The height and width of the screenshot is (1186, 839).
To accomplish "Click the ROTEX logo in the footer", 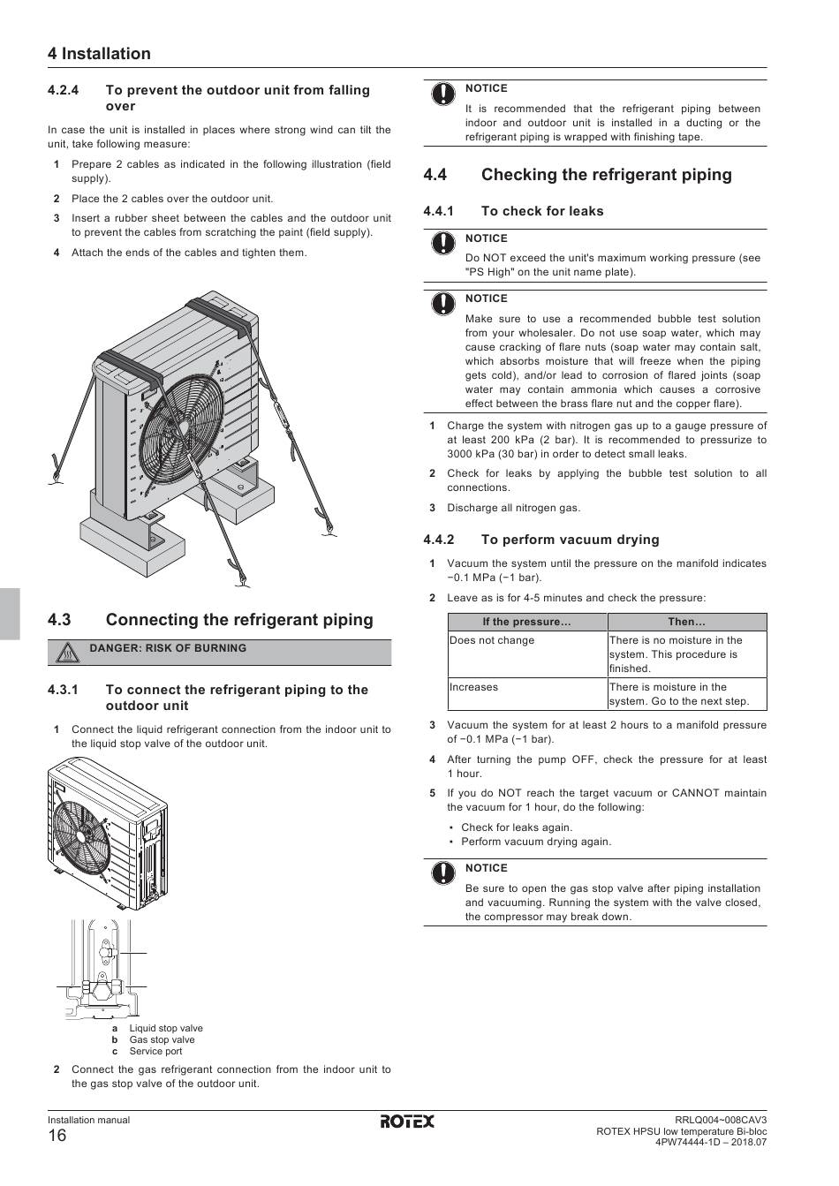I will tap(407, 1122).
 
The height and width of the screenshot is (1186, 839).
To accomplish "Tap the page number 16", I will tap(57, 1137).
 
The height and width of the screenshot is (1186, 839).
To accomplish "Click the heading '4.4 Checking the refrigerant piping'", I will tap(578, 175).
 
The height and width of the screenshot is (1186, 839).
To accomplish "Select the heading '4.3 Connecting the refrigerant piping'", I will tap(210, 620).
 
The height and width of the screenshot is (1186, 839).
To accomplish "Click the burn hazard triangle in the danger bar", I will tap(67, 653).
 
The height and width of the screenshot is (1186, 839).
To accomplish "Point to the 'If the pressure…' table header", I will tap(526, 622).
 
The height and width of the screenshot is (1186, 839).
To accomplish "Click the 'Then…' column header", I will tap(686, 622).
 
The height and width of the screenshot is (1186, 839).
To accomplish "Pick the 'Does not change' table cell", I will tap(492, 640).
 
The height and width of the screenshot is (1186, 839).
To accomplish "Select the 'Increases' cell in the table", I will tap(473, 687).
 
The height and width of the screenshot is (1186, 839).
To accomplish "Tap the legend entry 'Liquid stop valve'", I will tap(166, 1028).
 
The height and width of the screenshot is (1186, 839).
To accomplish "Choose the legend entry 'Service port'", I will tap(155, 1051).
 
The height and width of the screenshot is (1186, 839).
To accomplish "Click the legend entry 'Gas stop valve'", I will tap(162, 1039).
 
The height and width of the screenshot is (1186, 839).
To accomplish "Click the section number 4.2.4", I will tap(64, 90).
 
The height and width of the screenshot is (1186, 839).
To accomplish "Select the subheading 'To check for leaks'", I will tap(542, 211).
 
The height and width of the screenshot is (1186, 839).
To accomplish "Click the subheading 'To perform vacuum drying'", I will tap(570, 540).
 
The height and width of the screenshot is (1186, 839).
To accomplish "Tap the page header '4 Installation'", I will tap(99, 54).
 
